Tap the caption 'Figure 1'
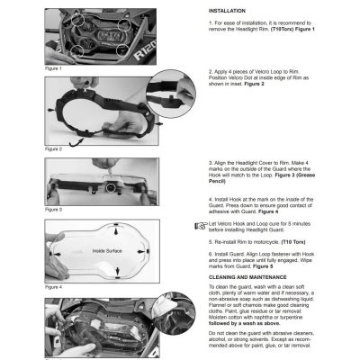point(54,67)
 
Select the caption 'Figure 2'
point(54,148)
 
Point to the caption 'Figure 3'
point(54,209)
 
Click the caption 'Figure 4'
point(54,287)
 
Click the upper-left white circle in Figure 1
point(79,16)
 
